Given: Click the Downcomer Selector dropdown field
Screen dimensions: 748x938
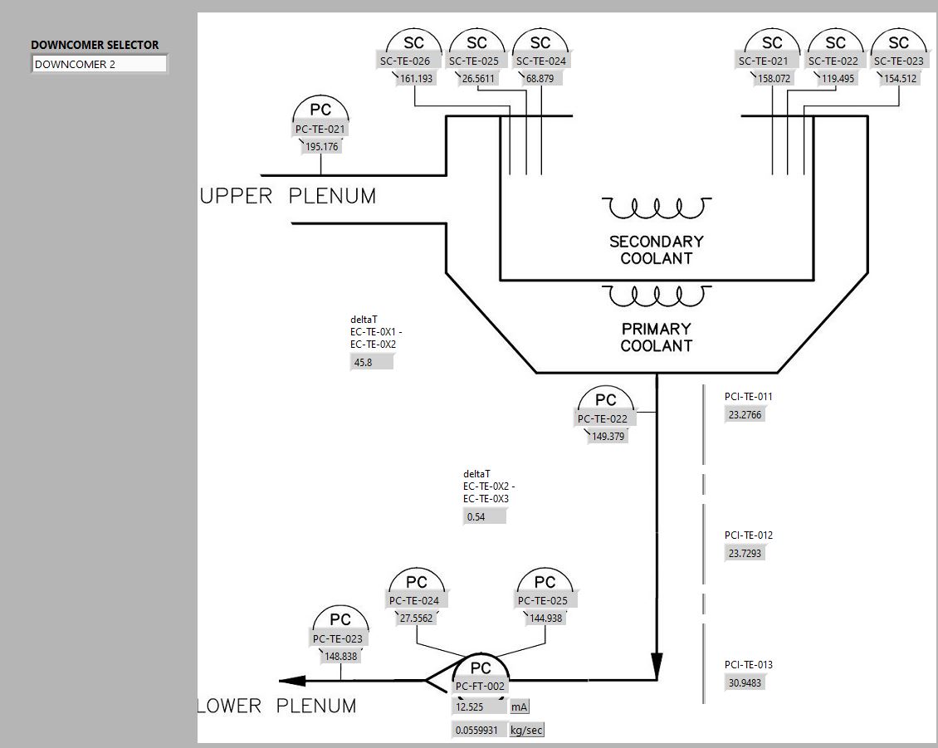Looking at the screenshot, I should click(100, 64).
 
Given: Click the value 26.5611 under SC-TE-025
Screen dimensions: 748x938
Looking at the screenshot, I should click(477, 79).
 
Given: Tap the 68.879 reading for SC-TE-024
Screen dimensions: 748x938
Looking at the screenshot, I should click(540, 79).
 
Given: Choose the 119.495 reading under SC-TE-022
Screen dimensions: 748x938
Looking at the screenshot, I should click(837, 79).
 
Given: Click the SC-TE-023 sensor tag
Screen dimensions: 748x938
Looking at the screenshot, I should click(899, 61).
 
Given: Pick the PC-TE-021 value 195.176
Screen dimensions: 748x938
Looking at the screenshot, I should click(321, 147).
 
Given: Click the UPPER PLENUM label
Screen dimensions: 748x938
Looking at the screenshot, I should click(288, 197).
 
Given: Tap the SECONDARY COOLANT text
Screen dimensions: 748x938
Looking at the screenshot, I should click(657, 250).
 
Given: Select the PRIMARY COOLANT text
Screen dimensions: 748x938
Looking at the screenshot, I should click(657, 337).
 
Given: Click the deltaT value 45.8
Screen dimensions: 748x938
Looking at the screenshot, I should click(371, 363).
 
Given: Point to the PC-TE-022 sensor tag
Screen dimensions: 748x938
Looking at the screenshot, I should click(603, 419).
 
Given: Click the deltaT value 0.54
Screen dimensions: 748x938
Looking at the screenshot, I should click(484, 516).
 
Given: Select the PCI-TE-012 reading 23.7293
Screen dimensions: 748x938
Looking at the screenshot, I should click(745, 553).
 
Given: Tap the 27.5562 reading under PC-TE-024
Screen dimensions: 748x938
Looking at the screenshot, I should click(416, 618).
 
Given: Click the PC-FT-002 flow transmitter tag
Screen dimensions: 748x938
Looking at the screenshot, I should click(480, 686).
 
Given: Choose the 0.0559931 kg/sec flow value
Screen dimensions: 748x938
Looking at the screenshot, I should click(479, 731).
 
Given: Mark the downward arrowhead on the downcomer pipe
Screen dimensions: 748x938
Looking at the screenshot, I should click(657, 662).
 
